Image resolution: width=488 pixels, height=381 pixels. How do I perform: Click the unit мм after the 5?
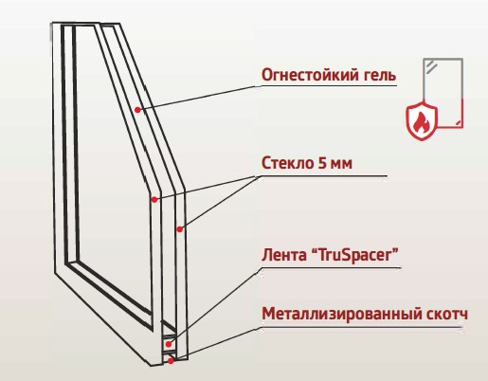(340, 165)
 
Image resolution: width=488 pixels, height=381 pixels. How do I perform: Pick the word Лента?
(283, 255)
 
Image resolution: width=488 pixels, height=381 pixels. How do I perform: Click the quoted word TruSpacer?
(354, 255)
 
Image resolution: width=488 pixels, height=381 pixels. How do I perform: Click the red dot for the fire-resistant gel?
(137, 110)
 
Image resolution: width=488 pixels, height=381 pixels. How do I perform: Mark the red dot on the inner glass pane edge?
(154, 200)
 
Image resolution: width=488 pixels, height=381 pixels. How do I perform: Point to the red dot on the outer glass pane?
(179, 229)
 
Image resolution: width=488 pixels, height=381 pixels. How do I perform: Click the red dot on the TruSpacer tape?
(169, 344)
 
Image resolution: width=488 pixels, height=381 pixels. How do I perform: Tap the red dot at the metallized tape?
(171, 361)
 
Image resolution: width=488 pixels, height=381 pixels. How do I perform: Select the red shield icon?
(422, 120)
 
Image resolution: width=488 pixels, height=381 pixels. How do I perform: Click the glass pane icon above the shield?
(443, 93)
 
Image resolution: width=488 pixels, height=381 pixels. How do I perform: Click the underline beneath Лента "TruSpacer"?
(331, 268)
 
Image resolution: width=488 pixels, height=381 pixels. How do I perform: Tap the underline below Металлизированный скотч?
(361, 327)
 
